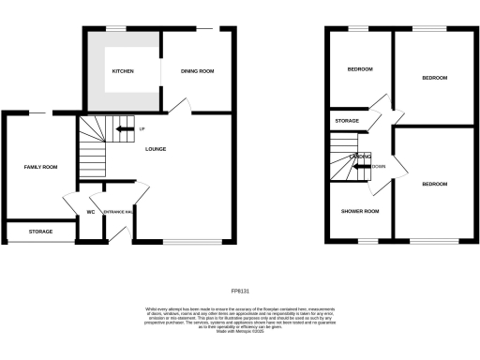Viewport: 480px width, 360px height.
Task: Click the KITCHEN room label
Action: click(x=123, y=71)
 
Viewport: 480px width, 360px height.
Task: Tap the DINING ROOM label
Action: click(x=198, y=71)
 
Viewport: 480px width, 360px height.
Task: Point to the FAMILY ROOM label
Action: click(x=40, y=167)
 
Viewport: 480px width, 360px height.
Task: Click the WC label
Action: click(x=91, y=212)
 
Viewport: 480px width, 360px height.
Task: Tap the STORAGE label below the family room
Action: click(x=40, y=231)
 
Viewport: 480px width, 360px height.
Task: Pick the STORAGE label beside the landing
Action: click(x=347, y=120)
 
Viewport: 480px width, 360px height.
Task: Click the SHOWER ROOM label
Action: click(x=359, y=211)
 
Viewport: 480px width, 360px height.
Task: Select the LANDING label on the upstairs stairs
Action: click(x=360, y=156)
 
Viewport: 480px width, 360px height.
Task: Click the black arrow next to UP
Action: click(x=124, y=128)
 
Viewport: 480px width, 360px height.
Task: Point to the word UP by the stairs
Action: click(x=142, y=128)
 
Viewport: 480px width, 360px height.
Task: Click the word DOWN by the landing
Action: click(x=378, y=167)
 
